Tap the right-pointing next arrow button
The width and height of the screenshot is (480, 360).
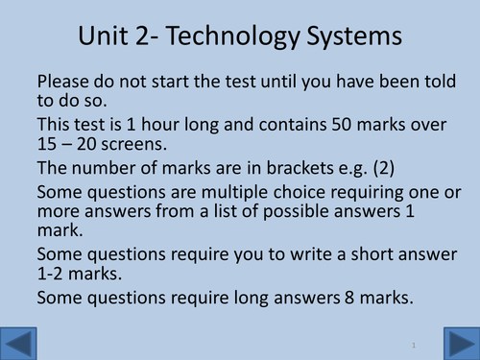pos(459,343)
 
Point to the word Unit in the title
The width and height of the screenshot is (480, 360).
pos(100,38)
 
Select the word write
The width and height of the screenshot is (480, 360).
pos(280,254)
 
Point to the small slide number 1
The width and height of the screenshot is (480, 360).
pos(411,344)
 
